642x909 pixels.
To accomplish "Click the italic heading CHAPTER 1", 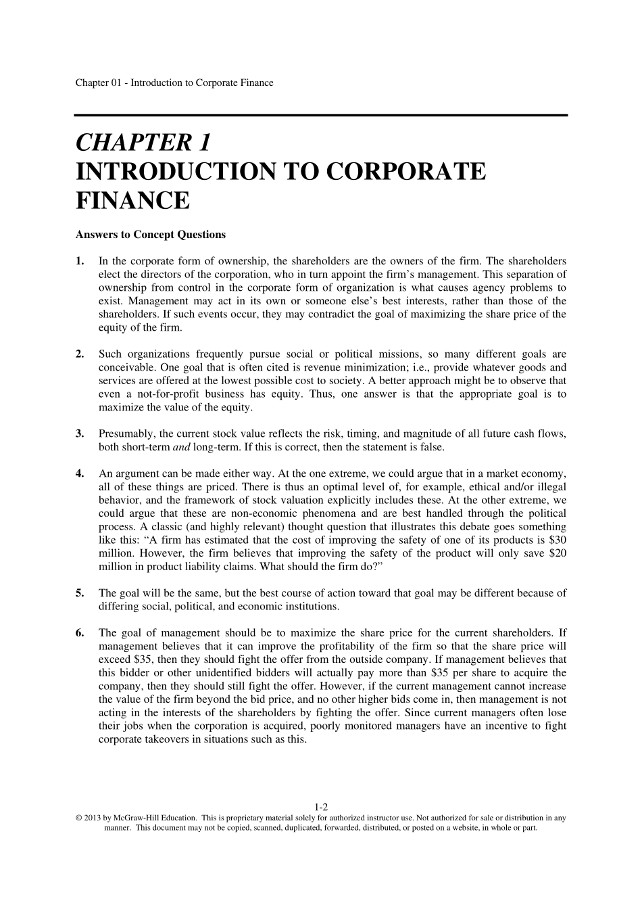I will click(144, 143).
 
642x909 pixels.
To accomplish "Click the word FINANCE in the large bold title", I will click(132, 201).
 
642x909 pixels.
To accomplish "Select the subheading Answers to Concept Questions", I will click(151, 235).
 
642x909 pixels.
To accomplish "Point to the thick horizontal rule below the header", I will click(321, 116).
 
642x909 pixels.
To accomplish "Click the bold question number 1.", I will click(80, 261).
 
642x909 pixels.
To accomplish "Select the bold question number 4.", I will click(80, 473).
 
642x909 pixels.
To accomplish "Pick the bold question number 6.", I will click(80, 633).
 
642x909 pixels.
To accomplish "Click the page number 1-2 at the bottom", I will click(321, 807).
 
